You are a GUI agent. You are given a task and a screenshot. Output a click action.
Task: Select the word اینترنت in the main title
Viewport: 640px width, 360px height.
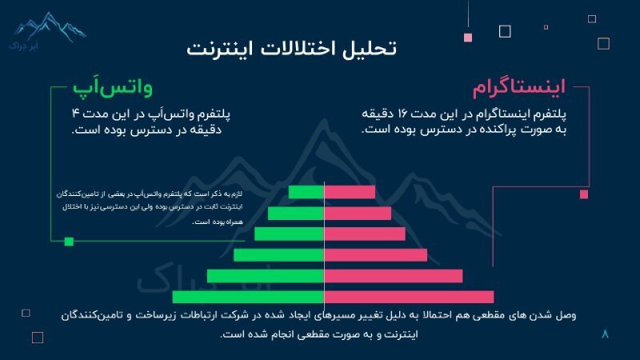218,47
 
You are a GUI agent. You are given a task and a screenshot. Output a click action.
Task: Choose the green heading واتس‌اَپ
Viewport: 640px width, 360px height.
113,86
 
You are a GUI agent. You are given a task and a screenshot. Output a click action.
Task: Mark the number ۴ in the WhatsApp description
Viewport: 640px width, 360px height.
75,114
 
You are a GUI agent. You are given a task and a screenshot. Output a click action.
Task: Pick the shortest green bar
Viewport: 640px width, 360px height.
306,192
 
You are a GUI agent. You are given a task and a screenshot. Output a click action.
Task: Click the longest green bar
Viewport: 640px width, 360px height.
248,297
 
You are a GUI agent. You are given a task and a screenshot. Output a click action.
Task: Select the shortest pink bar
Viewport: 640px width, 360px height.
350,192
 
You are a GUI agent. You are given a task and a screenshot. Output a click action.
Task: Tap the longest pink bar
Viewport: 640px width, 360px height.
409,297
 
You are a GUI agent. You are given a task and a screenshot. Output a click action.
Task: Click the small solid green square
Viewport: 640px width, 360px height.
69,241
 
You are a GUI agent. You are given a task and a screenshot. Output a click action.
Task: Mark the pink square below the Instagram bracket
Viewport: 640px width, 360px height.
584,194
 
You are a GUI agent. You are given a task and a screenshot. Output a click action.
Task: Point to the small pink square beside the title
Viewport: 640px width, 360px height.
468,37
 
